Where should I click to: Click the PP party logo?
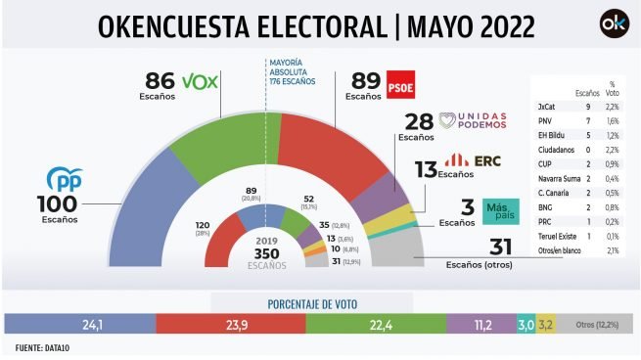(x=66, y=180)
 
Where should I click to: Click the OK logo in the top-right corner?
(x=613, y=23)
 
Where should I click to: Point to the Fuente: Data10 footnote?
(x=42, y=348)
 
